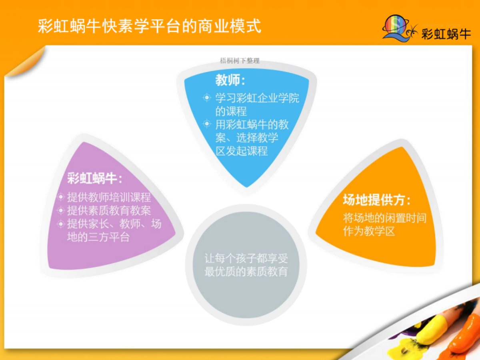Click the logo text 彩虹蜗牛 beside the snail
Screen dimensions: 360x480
point(446,34)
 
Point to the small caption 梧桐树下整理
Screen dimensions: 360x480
point(240,61)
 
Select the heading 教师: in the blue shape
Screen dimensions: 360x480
point(230,81)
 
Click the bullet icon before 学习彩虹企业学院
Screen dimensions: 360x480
point(206,97)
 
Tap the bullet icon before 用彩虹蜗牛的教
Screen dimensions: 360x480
point(206,124)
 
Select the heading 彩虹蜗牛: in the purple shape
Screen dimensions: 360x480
point(94,179)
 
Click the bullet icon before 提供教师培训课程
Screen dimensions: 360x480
point(60,197)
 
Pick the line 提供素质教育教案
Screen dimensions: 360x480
point(109,210)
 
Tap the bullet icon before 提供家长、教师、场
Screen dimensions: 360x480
point(60,224)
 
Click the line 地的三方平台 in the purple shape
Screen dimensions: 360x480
point(98,237)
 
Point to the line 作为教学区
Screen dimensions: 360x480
point(369,231)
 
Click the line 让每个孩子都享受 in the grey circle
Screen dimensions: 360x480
point(246,258)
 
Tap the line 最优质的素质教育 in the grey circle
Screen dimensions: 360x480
point(246,272)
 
